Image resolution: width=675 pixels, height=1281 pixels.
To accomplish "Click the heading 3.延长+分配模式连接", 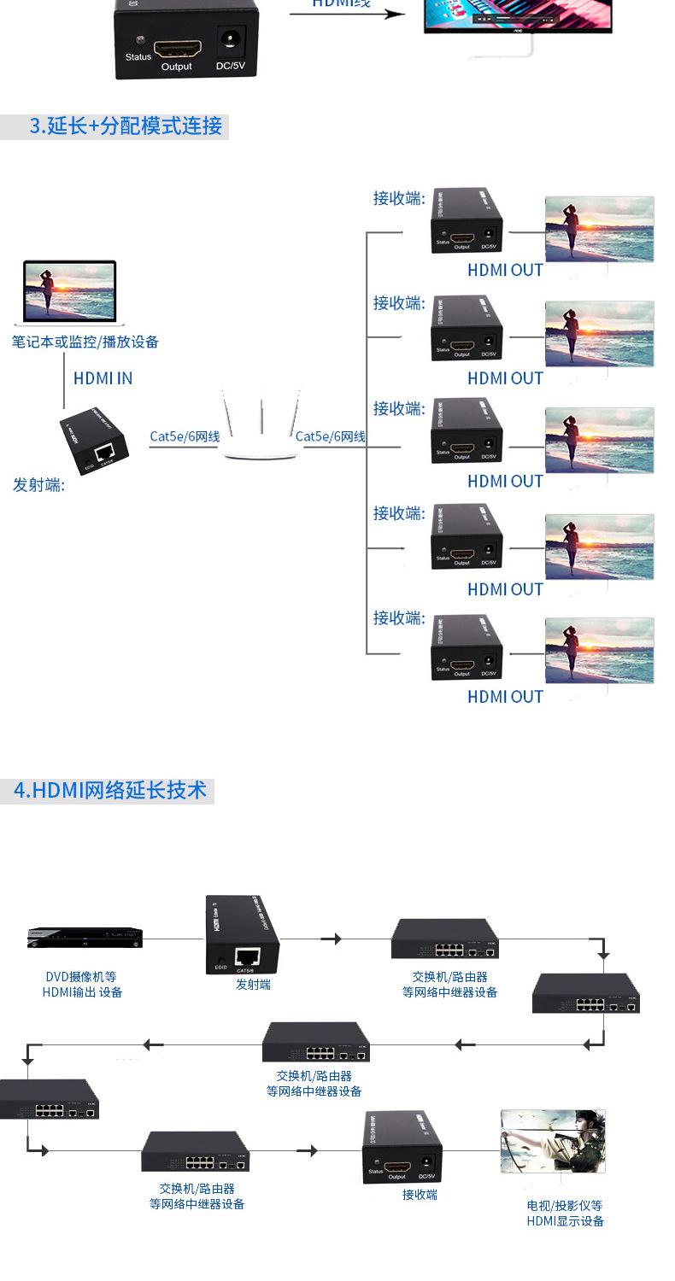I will click(x=126, y=126).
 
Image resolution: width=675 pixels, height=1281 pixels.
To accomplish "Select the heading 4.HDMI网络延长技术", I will click(x=110, y=790).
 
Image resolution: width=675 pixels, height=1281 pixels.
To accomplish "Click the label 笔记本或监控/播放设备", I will click(x=85, y=342).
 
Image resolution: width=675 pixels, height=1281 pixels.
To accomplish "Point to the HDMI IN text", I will click(x=103, y=378).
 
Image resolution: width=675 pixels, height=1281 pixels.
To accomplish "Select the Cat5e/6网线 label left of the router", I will click(x=185, y=436).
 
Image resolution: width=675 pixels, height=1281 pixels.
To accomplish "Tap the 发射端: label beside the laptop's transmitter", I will click(x=38, y=485).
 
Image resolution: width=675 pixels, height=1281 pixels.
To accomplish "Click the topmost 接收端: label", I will click(x=398, y=198).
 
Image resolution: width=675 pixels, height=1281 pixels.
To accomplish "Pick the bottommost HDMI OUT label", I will click(x=505, y=697).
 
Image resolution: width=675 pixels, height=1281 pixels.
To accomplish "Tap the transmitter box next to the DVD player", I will click(x=243, y=935).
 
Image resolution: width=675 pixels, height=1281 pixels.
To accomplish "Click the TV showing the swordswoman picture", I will click(x=552, y=1142).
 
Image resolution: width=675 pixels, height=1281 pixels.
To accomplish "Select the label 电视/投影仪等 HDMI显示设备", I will click(x=565, y=1214).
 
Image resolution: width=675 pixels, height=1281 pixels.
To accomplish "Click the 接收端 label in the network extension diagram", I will click(x=420, y=1195).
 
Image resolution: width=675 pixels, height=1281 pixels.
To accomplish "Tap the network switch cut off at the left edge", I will click(x=47, y=1099).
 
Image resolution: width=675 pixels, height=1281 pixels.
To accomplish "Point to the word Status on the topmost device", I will click(x=138, y=57).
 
